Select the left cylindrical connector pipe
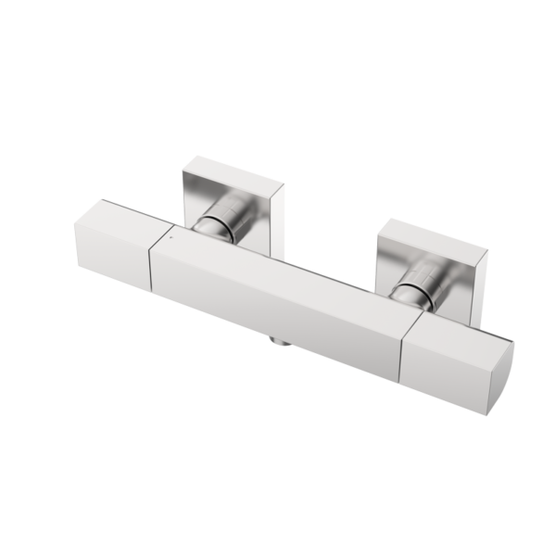click(226, 223)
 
